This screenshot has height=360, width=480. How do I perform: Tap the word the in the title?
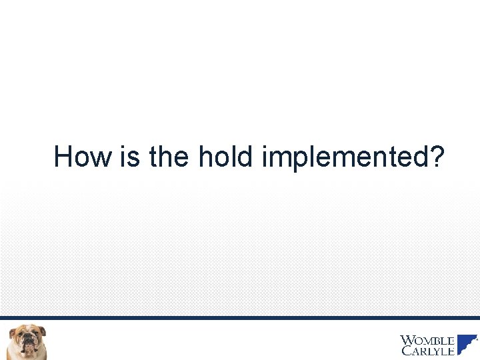170,157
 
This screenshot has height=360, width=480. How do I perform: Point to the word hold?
227,157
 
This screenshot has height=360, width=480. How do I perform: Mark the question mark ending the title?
437,157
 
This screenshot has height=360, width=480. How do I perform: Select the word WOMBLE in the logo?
427,340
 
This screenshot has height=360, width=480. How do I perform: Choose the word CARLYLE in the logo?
427,351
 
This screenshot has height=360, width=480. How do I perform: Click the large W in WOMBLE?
406,340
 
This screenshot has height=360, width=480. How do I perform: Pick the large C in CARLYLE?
405,351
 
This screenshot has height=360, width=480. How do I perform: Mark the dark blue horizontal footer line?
240,318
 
